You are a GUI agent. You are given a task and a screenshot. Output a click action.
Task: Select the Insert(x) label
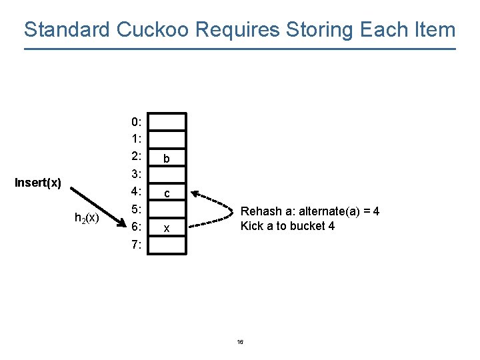click(39, 183)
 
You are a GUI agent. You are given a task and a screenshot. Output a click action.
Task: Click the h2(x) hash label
click(87, 217)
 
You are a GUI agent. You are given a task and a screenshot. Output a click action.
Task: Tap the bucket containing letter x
click(167, 229)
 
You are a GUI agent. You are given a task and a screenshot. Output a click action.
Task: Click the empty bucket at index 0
click(167, 121)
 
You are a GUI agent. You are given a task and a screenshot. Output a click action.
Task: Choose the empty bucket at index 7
click(167, 245)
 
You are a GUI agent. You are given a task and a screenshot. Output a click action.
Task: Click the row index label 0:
click(136, 122)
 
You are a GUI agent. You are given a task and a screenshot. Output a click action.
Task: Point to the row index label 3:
click(136, 174)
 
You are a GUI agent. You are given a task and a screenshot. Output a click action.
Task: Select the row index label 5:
click(136, 209)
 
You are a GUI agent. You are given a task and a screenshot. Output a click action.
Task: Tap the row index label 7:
click(136, 244)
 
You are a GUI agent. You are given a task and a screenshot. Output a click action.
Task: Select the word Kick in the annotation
click(252, 226)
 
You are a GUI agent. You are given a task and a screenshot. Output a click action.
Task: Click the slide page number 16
click(240, 342)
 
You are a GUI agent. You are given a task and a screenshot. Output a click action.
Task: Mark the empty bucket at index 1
click(167, 139)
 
